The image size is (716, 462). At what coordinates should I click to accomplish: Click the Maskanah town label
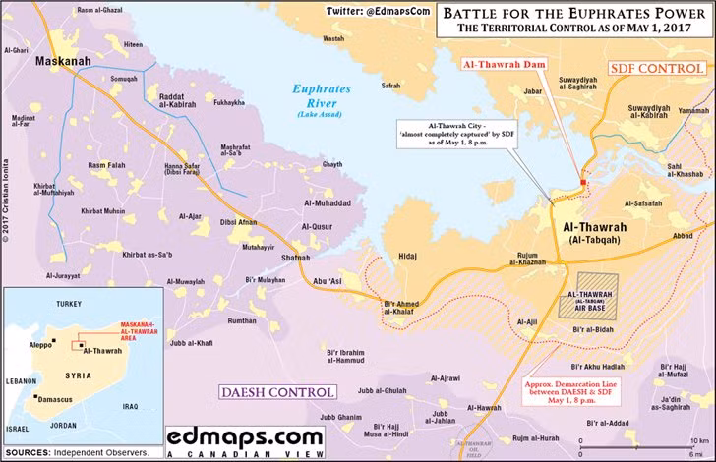64,61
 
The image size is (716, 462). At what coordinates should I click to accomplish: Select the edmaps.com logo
244,434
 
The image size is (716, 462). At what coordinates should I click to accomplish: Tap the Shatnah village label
295,259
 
